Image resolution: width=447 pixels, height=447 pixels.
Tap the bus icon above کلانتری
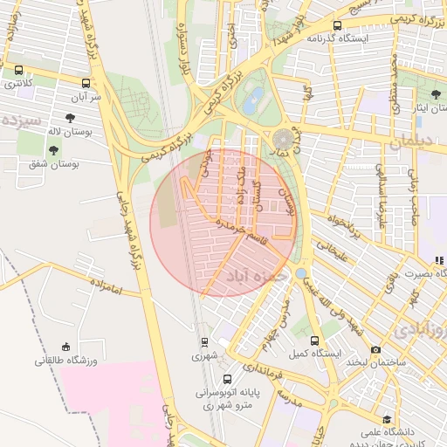click(x=18, y=71)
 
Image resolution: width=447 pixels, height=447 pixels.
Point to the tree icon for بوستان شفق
click(x=54, y=150)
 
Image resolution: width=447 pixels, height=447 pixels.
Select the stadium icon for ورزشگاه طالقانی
click(x=65, y=347)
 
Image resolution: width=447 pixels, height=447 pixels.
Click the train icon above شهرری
click(x=204, y=342)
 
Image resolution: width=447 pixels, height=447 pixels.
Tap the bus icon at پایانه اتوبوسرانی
click(x=227, y=380)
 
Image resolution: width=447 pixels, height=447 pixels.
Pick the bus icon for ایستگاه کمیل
click(x=314, y=341)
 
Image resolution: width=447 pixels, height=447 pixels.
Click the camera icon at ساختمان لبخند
click(x=375, y=349)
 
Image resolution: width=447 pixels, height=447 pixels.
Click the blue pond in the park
click(x=252, y=102)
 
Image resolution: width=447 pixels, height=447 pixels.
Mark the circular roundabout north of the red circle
click(x=284, y=139)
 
